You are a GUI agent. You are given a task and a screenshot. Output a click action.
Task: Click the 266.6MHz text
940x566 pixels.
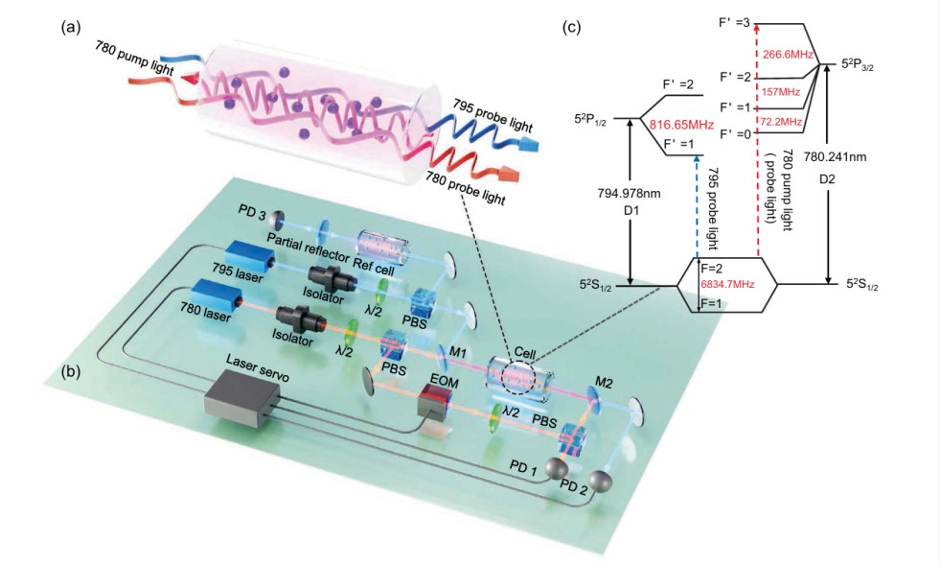point(789,55)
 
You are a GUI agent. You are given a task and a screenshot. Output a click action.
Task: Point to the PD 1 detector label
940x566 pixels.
point(525,468)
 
